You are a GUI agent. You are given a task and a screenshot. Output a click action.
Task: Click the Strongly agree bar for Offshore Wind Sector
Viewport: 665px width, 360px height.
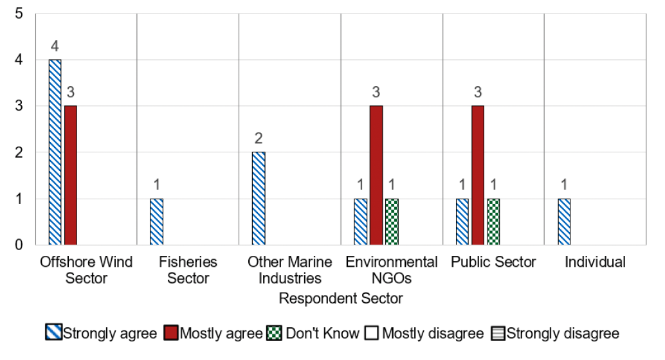tap(55, 152)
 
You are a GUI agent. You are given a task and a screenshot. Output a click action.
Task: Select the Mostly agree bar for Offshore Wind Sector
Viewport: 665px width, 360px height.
tap(71, 175)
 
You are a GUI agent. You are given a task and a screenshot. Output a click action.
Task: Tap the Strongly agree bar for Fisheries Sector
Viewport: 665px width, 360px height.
tap(157, 221)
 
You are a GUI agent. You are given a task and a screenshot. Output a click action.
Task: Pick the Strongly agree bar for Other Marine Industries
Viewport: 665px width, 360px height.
tap(259, 198)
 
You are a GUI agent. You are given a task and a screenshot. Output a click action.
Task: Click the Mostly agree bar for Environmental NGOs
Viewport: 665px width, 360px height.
tap(376, 175)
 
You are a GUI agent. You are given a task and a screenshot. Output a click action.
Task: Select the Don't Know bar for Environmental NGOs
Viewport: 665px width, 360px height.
tap(392, 221)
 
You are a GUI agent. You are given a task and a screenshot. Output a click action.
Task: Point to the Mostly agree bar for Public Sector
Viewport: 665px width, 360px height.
tap(478, 175)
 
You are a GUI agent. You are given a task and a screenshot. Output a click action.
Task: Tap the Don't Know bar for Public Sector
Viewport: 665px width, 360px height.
tap(493, 221)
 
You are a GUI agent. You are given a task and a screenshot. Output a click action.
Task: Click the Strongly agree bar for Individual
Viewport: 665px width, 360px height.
tap(564, 221)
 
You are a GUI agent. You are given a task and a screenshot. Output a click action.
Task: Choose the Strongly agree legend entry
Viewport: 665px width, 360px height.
tap(102, 334)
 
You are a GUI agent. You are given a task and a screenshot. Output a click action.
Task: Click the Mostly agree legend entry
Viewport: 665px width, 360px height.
tap(214, 334)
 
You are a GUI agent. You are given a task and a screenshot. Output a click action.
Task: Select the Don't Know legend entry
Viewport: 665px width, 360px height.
tap(314, 334)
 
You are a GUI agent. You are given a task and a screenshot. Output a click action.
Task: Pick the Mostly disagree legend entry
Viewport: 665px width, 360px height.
tap(424, 334)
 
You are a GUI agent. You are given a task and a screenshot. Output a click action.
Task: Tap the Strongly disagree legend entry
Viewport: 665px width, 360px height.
tap(556, 334)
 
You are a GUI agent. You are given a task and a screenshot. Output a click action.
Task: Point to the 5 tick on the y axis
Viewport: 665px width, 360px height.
tap(19, 14)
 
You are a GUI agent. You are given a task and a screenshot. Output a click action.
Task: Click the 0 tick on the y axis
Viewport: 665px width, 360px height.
tap(19, 245)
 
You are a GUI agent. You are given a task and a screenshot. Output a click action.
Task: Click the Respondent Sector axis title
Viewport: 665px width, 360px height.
tap(341, 299)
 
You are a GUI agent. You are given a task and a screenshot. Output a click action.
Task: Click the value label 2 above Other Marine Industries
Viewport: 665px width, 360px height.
tap(259, 138)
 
